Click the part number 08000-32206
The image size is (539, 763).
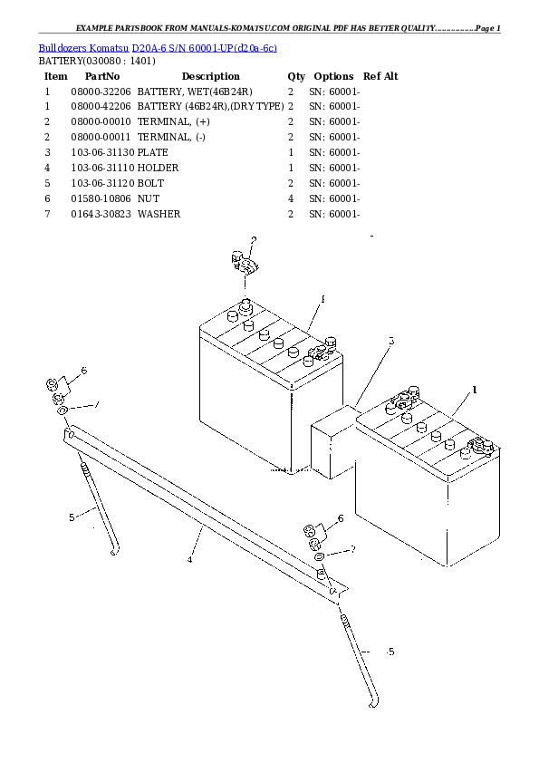click(101, 92)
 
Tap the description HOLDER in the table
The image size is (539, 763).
click(158, 169)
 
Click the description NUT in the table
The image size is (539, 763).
click(148, 198)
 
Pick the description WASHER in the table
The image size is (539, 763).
click(159, 214)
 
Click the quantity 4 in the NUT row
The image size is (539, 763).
click(290, 198)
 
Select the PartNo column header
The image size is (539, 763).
click(97, 76)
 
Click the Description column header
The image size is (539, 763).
click(210, 76)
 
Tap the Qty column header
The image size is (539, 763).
click(296, 76)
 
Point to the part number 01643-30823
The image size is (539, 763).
click(101, 214)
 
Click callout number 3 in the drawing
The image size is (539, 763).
click(391, 342)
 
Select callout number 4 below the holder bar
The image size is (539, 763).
click(190, 560)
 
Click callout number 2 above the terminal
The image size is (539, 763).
click(254, 240)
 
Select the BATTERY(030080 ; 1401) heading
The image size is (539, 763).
click(96, 61)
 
